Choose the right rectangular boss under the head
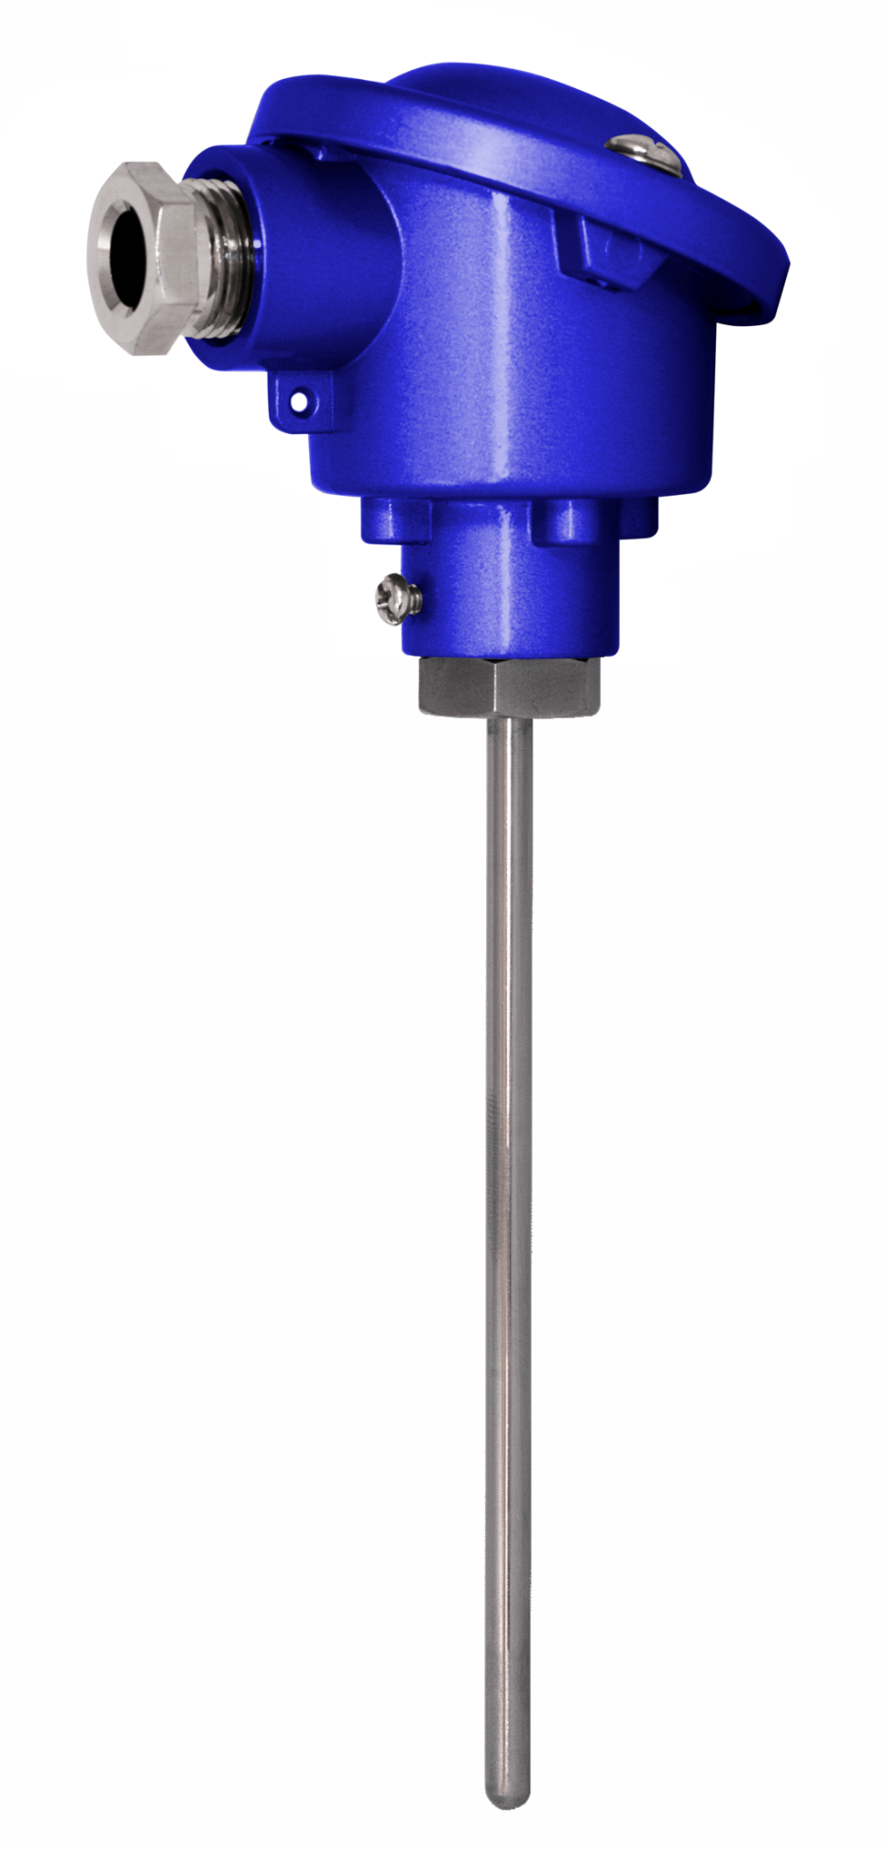click(589, 521)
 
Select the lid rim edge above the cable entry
click(296, 135)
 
